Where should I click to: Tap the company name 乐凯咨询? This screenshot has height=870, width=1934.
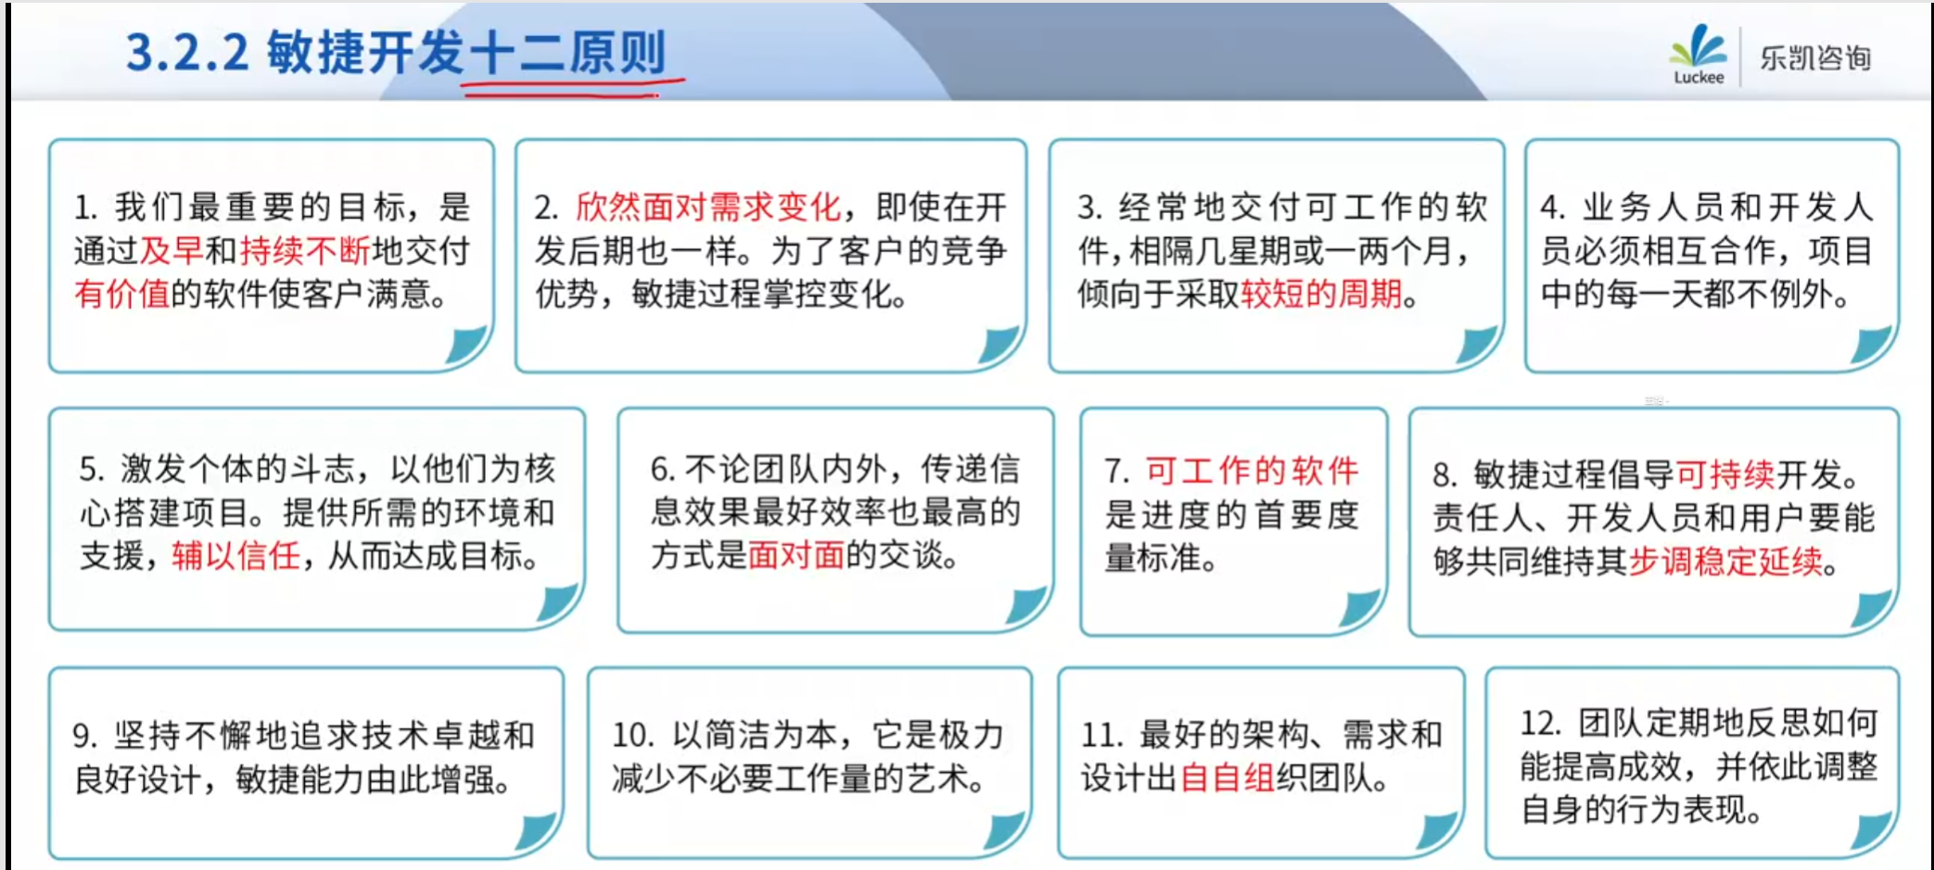click(1815, 58)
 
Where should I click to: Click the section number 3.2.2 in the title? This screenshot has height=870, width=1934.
click(187, 53)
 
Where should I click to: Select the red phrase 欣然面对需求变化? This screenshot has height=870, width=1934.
click(707, 207)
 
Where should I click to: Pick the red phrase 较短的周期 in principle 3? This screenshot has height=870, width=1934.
click(1321, 294)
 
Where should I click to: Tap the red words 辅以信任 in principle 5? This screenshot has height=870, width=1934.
click(236, 556)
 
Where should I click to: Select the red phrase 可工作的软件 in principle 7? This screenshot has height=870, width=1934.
click(1252, 471)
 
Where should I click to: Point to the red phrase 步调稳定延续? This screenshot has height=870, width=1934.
click(1725, 561)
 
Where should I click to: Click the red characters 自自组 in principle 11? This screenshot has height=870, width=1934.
click(1227, 777)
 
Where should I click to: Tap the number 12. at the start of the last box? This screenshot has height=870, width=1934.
click(1540, 723)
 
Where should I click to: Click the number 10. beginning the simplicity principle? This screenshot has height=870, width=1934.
click(633, 736)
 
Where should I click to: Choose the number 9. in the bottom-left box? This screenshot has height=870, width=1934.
click(85, 736)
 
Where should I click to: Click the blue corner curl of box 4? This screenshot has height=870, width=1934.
click(1871, 345)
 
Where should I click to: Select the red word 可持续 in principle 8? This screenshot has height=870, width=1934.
click(1725, 474)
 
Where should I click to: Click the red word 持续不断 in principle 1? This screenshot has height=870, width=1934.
click(304, 250)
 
